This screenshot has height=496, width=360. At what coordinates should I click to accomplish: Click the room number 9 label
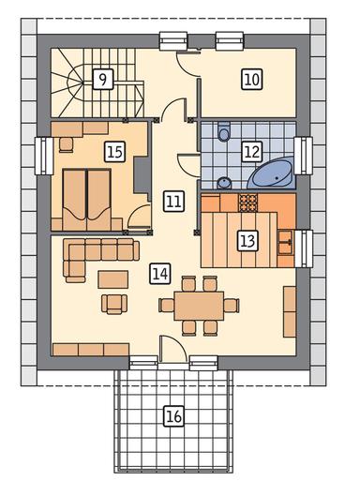click(103, 80)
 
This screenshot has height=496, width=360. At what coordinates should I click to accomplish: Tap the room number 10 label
click(252, 80)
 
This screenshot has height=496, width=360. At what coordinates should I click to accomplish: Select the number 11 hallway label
click(173, 202)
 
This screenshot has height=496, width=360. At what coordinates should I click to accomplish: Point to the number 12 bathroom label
click(252, 151)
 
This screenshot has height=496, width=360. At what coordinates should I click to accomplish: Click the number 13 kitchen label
click(247, 241)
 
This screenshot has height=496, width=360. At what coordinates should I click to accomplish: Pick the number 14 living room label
click(160, 273)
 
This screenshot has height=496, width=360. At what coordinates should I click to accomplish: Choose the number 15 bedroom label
click(114, 152)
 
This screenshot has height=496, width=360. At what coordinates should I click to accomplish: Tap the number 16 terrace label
click(173, 415)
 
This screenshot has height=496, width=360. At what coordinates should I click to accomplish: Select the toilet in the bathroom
click(224, 131)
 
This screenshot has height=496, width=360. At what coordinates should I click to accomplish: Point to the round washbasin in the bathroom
click(224, 183)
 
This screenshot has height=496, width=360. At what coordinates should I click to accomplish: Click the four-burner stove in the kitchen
click(248, 203)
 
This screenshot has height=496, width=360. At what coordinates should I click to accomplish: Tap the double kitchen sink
click(285, 243)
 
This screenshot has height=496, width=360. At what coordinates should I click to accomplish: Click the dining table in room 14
click(199, 306)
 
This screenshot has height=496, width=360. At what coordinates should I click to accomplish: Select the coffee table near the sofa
click(112, 279)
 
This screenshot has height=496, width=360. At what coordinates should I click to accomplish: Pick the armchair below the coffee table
click(114, 305)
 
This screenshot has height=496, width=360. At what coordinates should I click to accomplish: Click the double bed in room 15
click(86, 200)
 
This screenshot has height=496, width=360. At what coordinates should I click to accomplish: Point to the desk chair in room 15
click(66, 145)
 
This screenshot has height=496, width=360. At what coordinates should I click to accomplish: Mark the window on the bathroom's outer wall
click(303, 156)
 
